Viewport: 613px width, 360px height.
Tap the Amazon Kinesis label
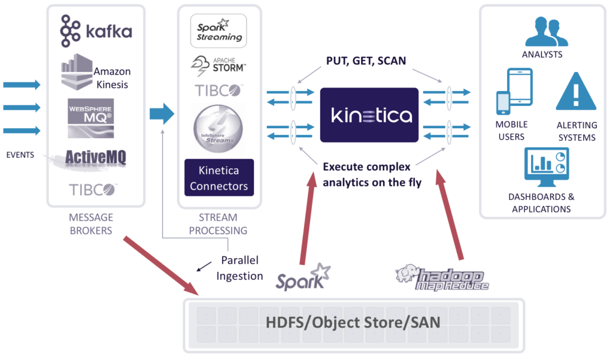pyautogui.click(x=111, y=78)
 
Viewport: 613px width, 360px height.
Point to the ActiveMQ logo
pyautogui.click(x=95, y=158)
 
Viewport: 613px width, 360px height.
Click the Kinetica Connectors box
pyautogui.click(x=219, y=177)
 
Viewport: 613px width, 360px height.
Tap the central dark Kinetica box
pyautogui.click(x=369, y=115)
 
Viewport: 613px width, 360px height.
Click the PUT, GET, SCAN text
pyautogui.click(x=366, y=61)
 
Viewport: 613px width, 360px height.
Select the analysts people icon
pyautogui.click(x=546, y=32)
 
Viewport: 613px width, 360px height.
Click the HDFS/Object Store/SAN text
pyautogui.click(x=353, y=322)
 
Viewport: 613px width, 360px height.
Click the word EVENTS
pyautogui.click(x=20, y=155)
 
